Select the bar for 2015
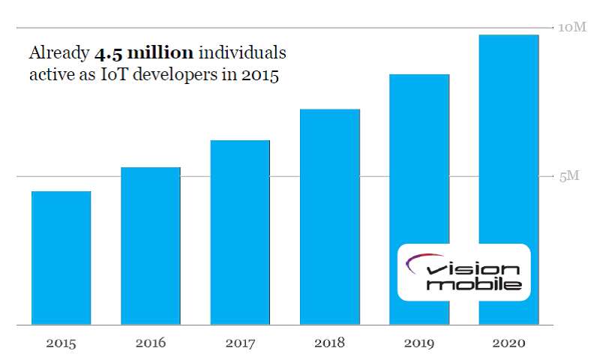[x=61, y=258]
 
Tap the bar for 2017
[x=240, y=232]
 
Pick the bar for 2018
[x=329, y=217]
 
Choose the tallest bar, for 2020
[x=508, y=150]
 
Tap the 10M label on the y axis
[x=572, y=28]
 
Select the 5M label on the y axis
[x=570, y=177]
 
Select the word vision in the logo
[x=472, y=269]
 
